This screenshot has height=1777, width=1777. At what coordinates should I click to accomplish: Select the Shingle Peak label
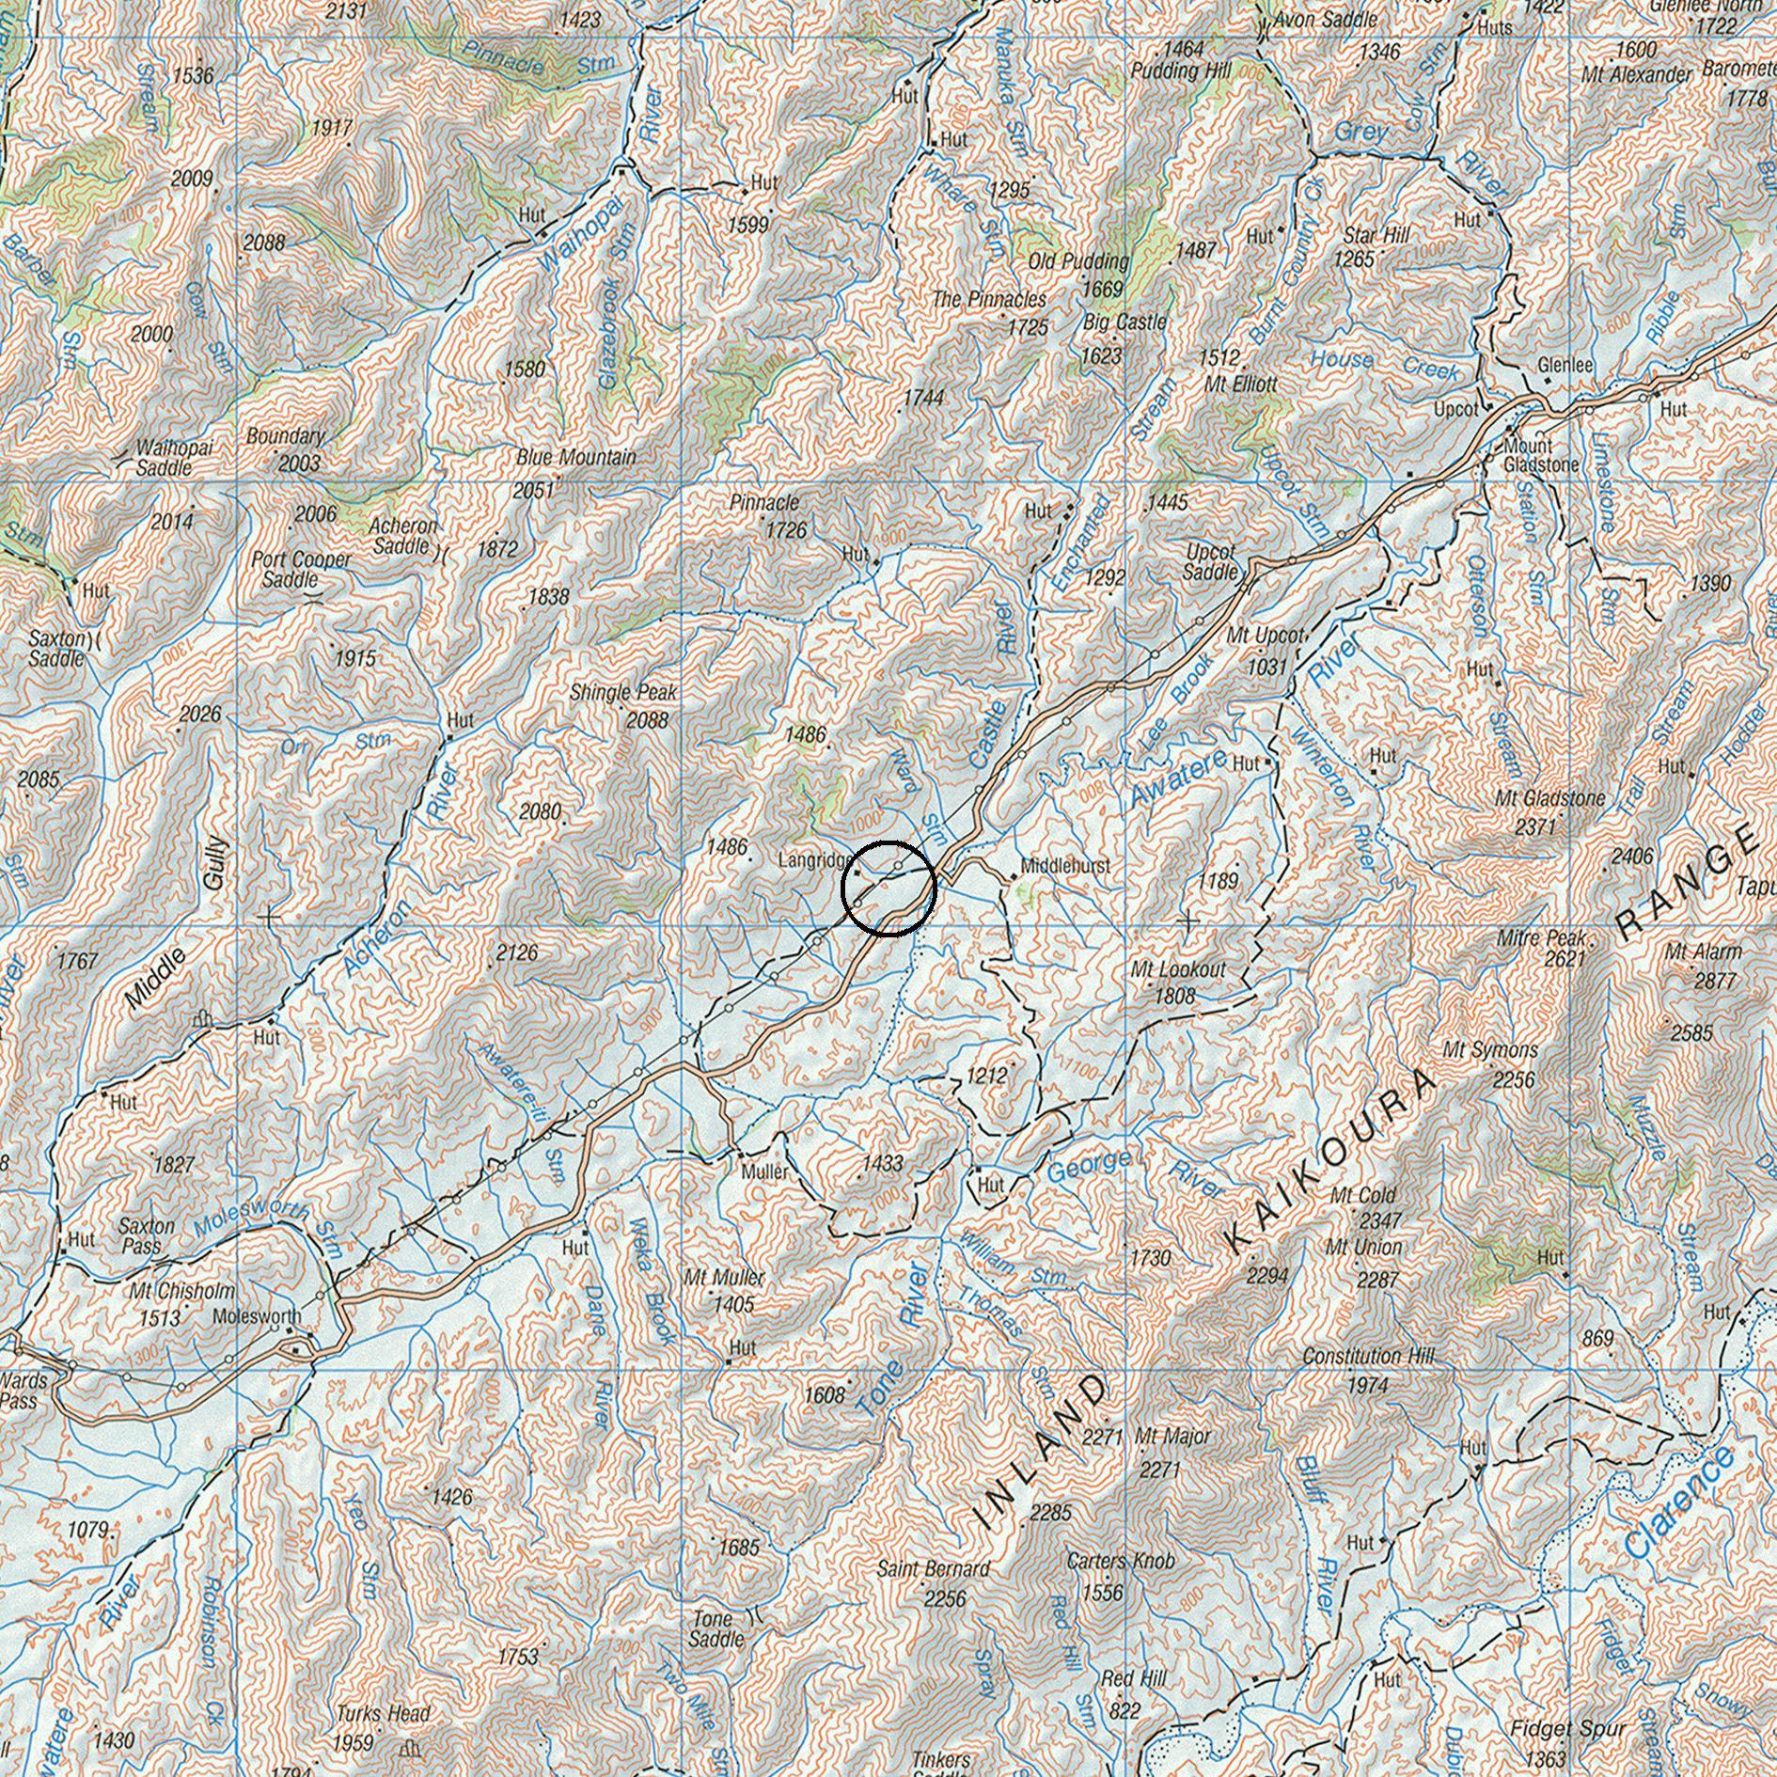click(x=623, y=693)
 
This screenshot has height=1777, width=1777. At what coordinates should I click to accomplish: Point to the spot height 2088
click(x=648, y=720)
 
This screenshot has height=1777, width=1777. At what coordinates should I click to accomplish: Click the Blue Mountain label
click(x=575, y=458)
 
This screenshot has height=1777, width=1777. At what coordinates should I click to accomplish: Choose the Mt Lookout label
click(x=1178, y=969)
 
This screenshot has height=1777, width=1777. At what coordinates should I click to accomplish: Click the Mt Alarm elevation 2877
click(x=1716, y=981)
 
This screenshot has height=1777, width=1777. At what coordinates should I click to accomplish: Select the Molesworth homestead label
click(x=257, y=1316)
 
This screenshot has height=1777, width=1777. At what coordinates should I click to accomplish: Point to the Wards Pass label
click(x=24, y=1391)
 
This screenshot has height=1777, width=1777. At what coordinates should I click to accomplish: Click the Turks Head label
click(x=384, y=1714)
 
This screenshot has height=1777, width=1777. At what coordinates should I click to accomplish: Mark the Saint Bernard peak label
click(x=933, y=1568)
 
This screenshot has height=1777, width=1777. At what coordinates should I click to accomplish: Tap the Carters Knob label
click(x=1121, y=1561)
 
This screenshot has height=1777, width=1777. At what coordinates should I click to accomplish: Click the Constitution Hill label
click(x=1368, y=1357)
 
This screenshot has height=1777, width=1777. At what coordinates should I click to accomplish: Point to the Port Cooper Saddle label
click(x=301, y=569)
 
